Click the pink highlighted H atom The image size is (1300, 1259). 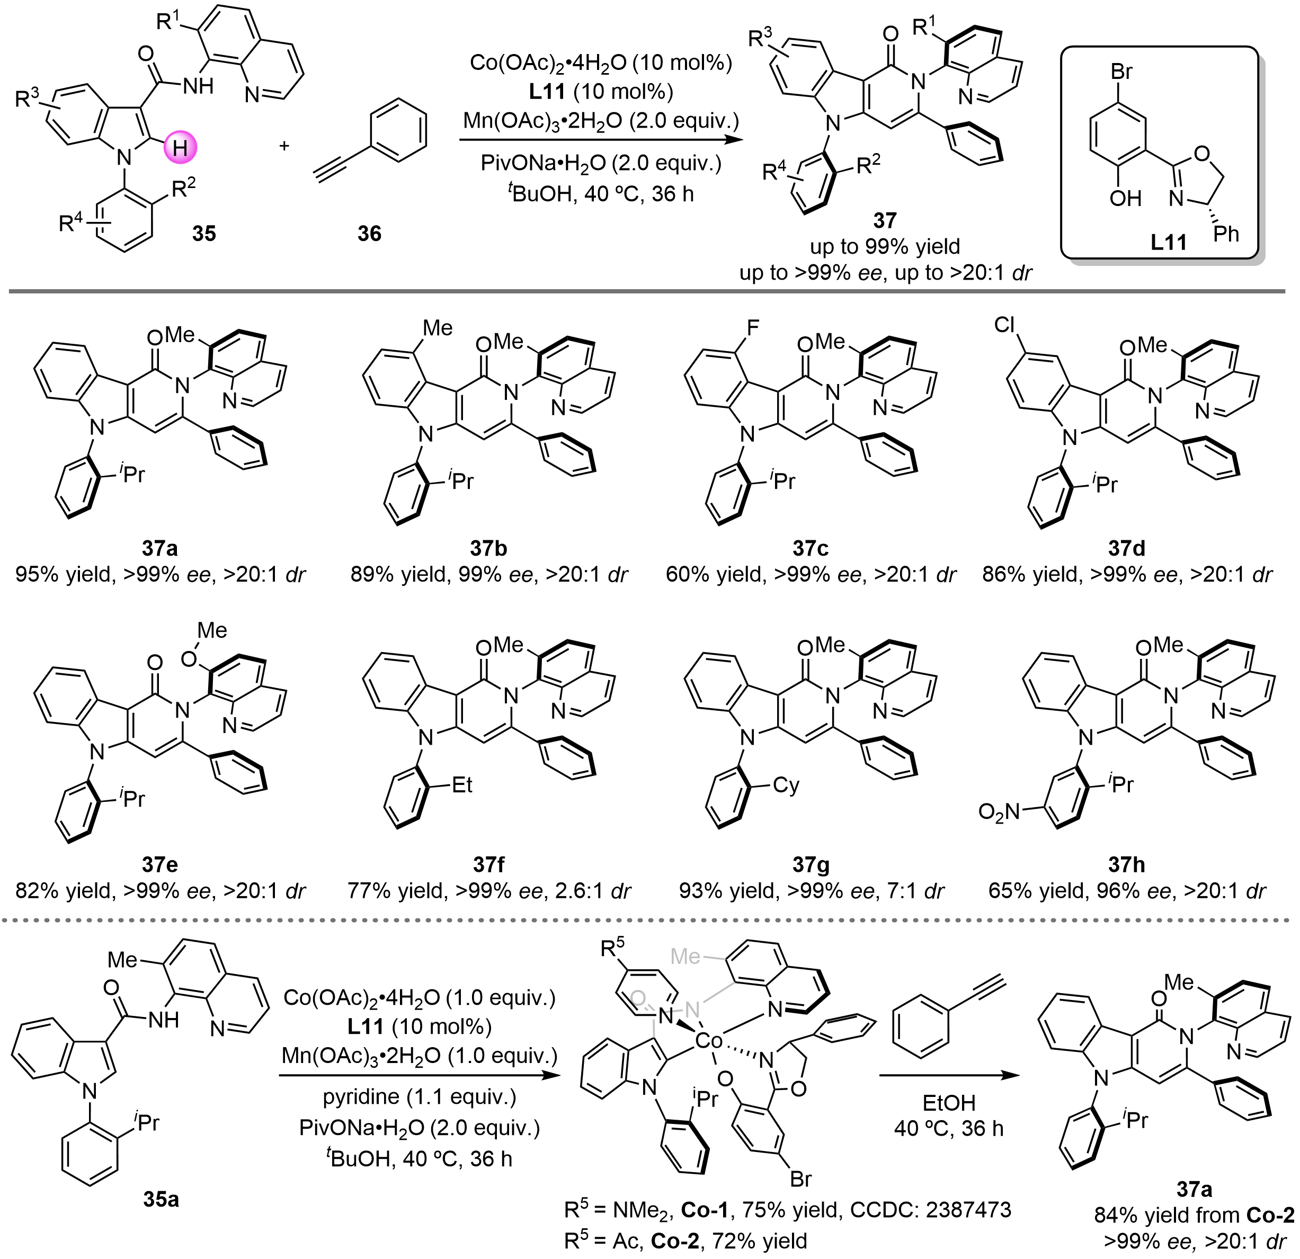point(180,148)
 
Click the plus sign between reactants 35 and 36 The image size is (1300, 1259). point(284,145)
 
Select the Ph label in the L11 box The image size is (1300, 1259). point(1226,234)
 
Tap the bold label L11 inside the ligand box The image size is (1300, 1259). point(1169,242)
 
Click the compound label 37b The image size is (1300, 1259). point(489,548)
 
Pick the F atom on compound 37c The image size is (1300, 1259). point(752,327)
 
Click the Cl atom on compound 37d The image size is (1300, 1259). point(1005,324)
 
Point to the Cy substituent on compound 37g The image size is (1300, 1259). point(786,785)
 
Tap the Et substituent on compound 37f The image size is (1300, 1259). point(462,785)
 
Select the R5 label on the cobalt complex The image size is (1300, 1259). point(613,949)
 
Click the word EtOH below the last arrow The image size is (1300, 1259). point(949,1103)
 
